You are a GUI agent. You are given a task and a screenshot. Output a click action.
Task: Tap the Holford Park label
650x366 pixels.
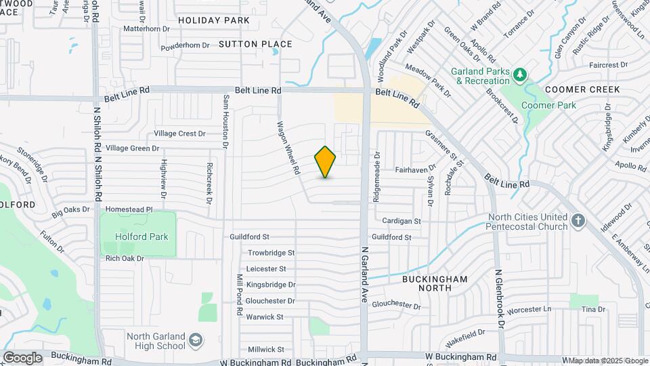(141, 237)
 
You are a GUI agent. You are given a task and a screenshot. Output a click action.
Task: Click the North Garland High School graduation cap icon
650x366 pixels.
(196, 338)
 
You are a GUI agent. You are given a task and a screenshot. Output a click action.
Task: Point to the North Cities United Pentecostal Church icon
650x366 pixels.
(578, 220)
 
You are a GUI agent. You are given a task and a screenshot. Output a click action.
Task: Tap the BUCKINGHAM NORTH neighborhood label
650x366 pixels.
(435, 283)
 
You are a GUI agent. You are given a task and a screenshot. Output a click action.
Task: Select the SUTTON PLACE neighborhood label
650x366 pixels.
(255, 44)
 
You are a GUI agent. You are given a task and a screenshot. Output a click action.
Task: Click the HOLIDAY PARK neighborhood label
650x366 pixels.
(214, 20)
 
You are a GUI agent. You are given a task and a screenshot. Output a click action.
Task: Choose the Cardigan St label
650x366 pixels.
(401, 221)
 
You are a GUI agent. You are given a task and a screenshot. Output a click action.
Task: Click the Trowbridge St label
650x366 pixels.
(271, 253)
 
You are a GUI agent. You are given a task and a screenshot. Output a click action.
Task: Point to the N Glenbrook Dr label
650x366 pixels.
(499, 299)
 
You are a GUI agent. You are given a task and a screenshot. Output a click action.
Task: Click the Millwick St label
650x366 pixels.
(266, 349)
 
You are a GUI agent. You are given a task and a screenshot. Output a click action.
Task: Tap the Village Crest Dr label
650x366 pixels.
(179, 134)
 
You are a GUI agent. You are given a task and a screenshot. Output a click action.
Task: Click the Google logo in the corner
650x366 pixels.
(22, 357)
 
